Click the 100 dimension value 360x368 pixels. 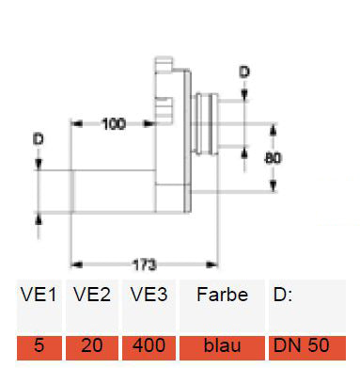[x=114, y=124]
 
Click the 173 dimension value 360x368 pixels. [x=144, y=265]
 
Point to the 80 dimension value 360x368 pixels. [x=273, y=158]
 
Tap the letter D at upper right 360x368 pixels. [x=244, y=72]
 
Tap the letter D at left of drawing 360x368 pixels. [x=39, y=139]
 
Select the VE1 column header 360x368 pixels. [x=39, y=295]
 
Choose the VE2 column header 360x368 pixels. [x=92, y=295]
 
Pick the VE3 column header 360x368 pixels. [x=149, y=295]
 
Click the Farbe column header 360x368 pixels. [x=223, y=295]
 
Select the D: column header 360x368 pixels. [x=283, y=295]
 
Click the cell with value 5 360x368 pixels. [x=39, y=345]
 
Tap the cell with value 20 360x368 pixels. [x=92, y=345]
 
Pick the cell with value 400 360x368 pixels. [x=149, y=345]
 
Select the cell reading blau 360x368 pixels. [x=222, y=345]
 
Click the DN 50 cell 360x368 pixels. [x=307, y=345]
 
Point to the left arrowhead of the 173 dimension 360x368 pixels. [x=76, y=265]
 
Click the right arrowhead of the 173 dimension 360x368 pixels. [x=212, y=265]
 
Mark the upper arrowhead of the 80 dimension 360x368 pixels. [x=274, y=129]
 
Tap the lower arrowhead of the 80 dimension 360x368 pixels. [x=274, y=185]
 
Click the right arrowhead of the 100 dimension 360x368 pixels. [x=149, y=124]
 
